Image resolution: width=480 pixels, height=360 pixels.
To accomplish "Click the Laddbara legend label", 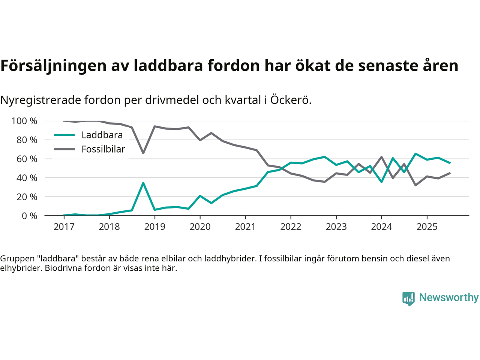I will (x=102, y=135).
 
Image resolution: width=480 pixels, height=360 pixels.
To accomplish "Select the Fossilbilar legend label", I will (x=103, y=149).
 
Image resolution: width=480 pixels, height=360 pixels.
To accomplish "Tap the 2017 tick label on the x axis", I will (x=64, y=227).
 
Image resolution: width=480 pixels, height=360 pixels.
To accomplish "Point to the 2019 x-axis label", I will (x=154, y=227).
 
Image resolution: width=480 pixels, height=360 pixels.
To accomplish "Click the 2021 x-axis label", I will (x=245, y=227).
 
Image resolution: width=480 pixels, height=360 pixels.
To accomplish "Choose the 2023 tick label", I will (x=336, y=227).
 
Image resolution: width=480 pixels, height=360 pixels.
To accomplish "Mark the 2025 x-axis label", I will (x=427, y=227).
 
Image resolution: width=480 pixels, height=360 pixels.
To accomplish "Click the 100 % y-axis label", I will (x=24, y=121).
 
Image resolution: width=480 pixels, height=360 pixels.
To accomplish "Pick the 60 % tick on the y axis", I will (x=27, y=159).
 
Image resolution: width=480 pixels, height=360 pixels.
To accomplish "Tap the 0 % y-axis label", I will (x=29, y=216).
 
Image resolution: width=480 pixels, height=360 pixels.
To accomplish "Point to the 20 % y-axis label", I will (x=27, y=197).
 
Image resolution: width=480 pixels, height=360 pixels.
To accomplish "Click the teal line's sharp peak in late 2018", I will (x=143, y=183).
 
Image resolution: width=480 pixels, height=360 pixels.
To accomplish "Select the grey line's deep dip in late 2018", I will (x=143, y=153).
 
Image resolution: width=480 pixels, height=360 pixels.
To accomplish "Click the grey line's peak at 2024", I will (x=381, y=157).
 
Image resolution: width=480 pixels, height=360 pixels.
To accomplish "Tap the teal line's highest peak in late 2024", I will (x=415, y=154).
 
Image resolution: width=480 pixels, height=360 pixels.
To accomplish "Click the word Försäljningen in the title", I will (x=53, y=66).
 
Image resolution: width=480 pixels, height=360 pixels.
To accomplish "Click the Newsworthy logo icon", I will (x=408, y=298).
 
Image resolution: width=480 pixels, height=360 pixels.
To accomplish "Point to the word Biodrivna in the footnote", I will (x=62, y=268).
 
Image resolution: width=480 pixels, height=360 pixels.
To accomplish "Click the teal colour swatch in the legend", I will (x=64, y=135).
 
